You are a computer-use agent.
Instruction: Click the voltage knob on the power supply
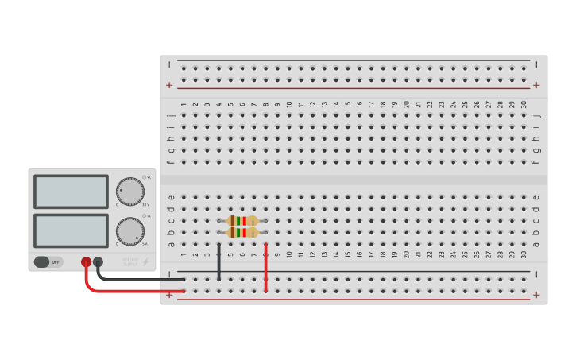pos(130,191)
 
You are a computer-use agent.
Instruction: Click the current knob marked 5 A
pos(130,230)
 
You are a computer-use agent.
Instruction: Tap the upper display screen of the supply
pos(71,192)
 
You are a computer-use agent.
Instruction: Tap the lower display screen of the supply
pos(71,230)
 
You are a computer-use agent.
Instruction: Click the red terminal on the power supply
pos(86,261)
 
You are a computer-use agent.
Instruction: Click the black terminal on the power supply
pos(98,261)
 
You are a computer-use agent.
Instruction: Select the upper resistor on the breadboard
pos(242,221)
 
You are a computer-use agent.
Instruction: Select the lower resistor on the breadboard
pos(242,233)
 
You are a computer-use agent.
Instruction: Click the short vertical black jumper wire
pos(219,261)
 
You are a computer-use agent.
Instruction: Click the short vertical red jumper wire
pos(266,268)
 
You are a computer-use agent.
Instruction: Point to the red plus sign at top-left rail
pos(168,85)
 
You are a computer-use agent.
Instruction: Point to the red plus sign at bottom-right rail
pos(536,295)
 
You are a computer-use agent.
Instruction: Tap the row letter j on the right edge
pos(536,116)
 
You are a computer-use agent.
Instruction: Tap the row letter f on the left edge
pos(171,162)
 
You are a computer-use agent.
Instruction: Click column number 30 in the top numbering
pos(524,104)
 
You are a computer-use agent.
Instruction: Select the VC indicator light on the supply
pos(144,177)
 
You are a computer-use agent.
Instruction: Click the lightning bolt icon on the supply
pos(145,261)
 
